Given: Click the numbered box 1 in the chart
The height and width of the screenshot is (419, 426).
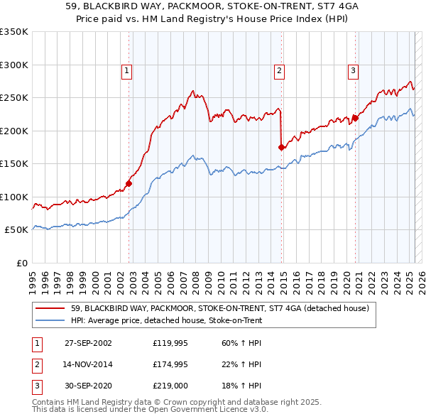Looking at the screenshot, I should click(x=126, y=70).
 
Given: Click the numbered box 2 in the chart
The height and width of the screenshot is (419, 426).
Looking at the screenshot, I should click(x=280, y=70).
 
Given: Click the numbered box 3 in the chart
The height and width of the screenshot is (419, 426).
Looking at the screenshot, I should click(x=353, y=70).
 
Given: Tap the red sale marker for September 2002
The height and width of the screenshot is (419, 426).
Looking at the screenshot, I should click(x=129, y=183).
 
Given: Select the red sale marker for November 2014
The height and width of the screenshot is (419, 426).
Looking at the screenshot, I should click(x=281, y=147).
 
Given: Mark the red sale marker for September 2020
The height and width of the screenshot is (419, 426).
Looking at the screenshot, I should click(x=355, y=118).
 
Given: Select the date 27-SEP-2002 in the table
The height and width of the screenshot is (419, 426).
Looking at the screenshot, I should click(x=88, y=343).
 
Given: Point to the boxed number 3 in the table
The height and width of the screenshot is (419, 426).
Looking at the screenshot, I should click(x=36, y=386).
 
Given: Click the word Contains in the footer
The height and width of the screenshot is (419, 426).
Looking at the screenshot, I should click(x=50, y=402).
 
